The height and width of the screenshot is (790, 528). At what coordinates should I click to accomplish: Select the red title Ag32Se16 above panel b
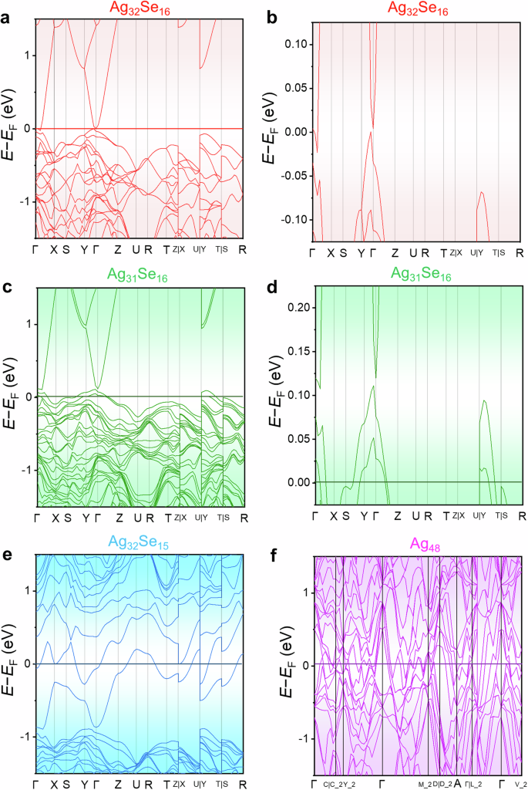click(x=417, y=8)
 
